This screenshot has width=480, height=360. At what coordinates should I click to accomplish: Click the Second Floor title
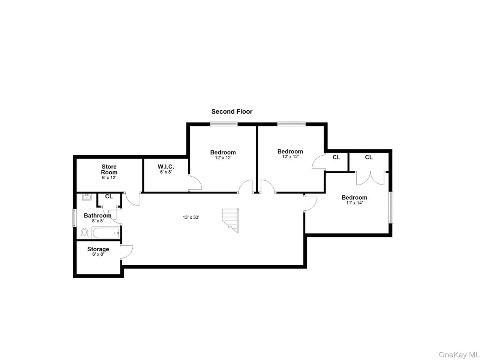tap(232, 111)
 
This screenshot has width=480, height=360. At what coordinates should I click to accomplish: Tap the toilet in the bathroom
tap(84, 233)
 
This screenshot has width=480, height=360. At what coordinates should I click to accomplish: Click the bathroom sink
tap(87, 197)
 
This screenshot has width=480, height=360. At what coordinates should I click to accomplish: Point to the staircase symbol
tap(230, 220)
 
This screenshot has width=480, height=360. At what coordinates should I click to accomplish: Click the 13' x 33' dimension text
tap(191, 217)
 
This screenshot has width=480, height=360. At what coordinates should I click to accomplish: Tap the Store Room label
tap(109, 169)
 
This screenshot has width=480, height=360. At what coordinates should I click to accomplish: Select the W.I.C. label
tap(166, 167)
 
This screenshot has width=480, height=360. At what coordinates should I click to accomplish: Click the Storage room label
tap(98, 249)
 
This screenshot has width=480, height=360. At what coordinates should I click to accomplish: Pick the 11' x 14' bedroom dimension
tap(354, 203)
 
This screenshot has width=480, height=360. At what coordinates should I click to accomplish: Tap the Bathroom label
tap(97, 216)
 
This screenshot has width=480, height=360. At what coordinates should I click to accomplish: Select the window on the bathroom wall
tap(75, 218)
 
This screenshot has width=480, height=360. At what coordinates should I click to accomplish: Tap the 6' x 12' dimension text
tap(109, 178)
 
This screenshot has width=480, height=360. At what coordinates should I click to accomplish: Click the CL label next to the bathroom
tap(109, 196)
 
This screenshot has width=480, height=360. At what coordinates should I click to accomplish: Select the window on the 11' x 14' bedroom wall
tap(390, 208)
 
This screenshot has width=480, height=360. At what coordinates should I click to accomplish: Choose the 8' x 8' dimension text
tap(97, 221)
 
